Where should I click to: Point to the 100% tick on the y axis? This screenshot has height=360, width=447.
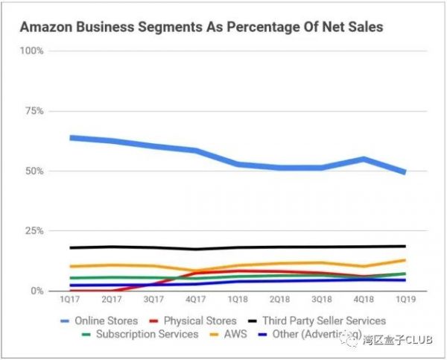(x=32, y=51)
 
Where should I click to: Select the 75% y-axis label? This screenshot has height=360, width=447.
(x=34, y=111)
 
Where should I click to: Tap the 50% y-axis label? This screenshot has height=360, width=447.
(x=34, y=171)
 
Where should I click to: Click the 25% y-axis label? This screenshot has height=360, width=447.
(x=34, y=231)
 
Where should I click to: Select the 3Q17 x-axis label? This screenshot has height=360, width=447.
(x=153, y=300)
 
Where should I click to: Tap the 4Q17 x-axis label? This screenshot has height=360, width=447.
(x=195, y=300)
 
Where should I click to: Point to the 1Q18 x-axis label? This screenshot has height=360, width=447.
(x=237, y=300)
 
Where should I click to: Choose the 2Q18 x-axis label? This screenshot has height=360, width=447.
(x=279, y=300)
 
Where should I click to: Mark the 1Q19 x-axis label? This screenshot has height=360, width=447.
(x=405, y=300)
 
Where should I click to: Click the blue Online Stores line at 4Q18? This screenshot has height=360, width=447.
(x=363, y=159)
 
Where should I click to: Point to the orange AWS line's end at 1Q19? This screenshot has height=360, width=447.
(x=405, y=260)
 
